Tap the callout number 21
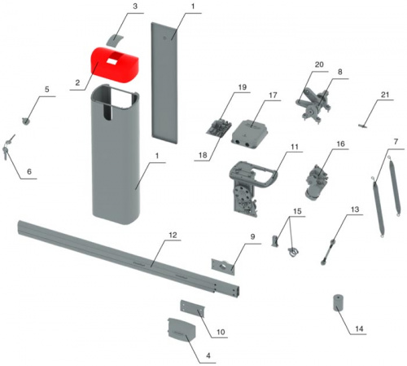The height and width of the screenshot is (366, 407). pyautogui.click(x=385, y=95)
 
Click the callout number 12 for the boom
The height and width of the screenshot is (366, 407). pyautogui.click(x=173, y=236)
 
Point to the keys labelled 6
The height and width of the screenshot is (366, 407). pyautogui.click(x=9, y=146)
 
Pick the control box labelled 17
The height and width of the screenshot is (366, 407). pyautogui.click(x=250, y=133)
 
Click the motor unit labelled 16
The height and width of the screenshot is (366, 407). pyautogui.click(x=317, y=182)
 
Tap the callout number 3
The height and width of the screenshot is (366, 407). pyautogui.click(x=135, y=7)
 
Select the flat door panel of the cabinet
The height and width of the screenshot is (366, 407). pyautogui.click(x=164, y=82)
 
